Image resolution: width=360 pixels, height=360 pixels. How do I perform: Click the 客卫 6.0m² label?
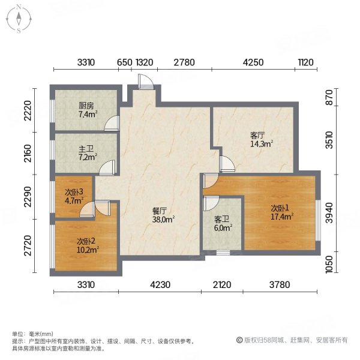[223, 223]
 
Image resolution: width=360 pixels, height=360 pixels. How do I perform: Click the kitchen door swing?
[110, 125]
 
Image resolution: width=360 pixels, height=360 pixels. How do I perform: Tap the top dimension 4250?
[253, 62]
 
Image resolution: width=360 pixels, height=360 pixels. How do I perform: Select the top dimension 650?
[124, 62]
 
